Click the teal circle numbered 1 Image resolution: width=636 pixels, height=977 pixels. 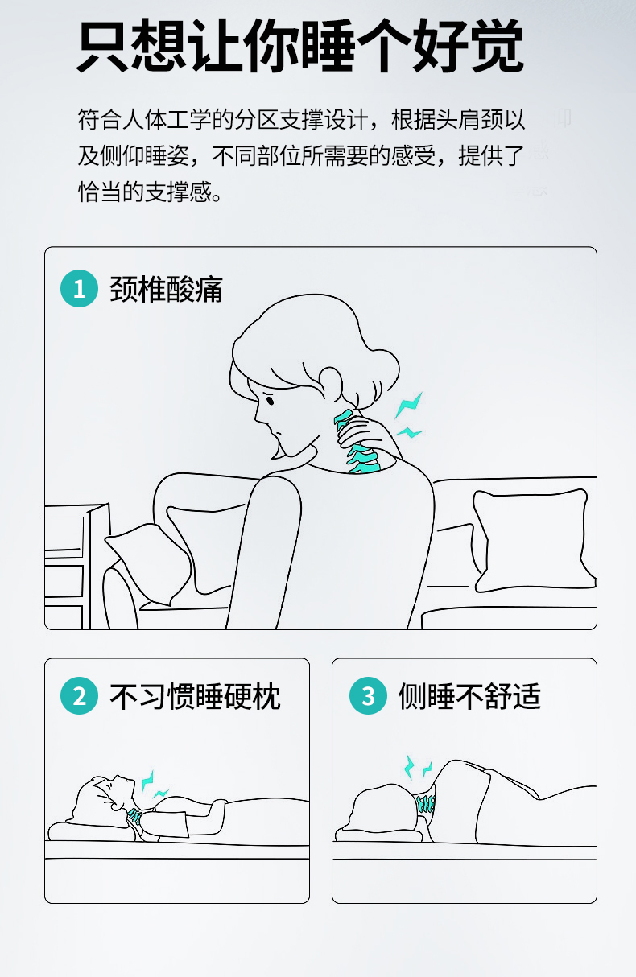coord(79,289)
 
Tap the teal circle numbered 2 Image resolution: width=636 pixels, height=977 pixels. coord(79,695)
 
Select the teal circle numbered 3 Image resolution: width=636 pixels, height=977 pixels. coord(368,695)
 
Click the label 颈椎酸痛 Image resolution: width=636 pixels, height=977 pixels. coord(166,289)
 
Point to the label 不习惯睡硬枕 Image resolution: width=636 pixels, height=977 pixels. coord(195,696)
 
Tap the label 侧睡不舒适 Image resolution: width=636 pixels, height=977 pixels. coord(469,696)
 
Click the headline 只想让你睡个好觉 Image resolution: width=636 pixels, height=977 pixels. coord(300,45)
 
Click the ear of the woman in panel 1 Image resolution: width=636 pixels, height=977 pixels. coord(331,383)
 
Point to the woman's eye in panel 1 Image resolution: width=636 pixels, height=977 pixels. coord(270,399)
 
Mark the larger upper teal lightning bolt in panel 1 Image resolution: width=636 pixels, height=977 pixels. coord(409,405)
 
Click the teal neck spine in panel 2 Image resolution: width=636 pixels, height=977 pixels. coord(135,815)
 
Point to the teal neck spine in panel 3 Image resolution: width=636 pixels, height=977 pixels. coord(426,802)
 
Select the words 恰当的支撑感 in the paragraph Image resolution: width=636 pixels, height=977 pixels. coord(145,192)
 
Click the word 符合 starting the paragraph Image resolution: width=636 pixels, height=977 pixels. coord(101,119)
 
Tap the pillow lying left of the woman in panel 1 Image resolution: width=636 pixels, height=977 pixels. coord(148,563)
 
